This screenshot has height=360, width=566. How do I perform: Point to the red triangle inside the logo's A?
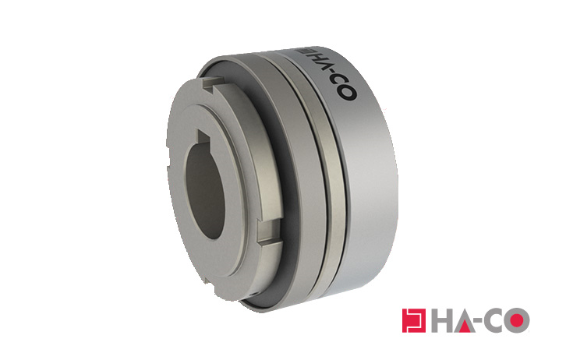(x=465, y=325)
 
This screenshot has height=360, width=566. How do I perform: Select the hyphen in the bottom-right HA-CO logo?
(x=482, y=322)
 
